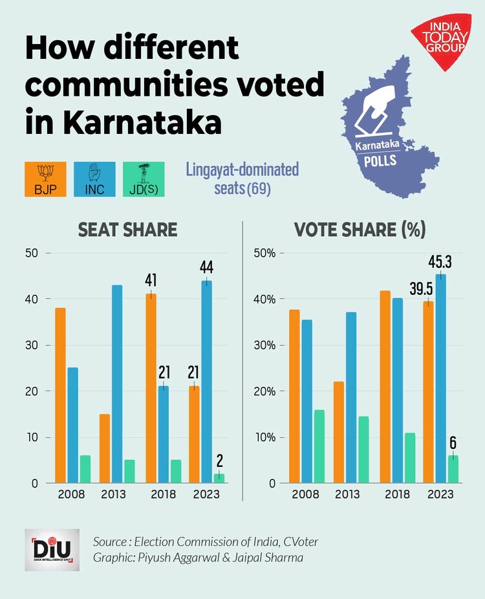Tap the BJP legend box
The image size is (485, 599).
45,179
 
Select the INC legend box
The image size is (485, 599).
94,179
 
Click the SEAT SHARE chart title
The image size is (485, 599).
127,230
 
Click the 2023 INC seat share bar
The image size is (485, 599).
206,382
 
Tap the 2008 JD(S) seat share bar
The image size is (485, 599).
85,469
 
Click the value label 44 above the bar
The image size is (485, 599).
207,267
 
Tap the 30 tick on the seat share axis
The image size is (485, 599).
31,345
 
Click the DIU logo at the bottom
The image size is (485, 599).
52,549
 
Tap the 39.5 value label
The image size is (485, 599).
420,287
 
